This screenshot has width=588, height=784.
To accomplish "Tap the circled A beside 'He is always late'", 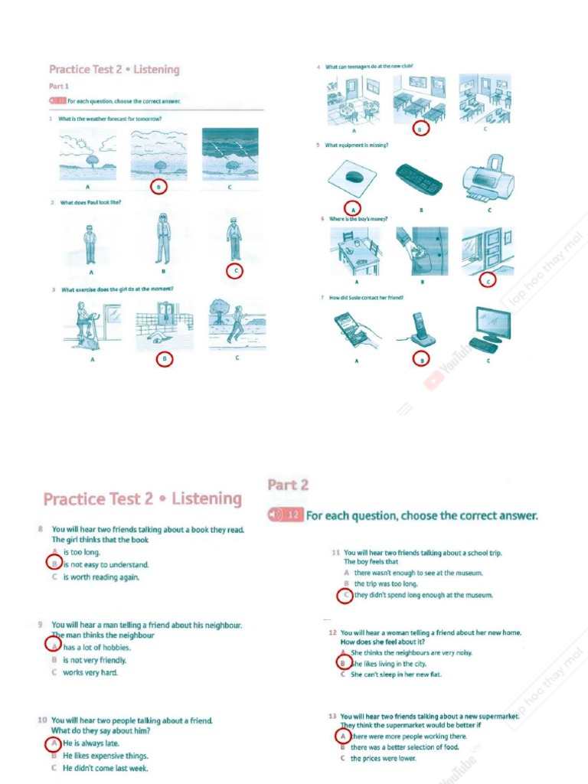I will [54, 743].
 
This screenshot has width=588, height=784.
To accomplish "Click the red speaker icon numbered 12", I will [286, 516].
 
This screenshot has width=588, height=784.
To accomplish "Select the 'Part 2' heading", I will [288, 485].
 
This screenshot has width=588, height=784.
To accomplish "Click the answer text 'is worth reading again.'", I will [101, 577].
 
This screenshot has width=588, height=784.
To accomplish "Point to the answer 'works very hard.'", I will [90, 672].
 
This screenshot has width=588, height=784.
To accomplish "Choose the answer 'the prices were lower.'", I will [384, 759].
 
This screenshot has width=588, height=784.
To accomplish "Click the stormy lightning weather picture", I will [230, 154].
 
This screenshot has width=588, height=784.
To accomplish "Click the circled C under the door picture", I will [488, 281].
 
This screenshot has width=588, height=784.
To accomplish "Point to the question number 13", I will [333, 717].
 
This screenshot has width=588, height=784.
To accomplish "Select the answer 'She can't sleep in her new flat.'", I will [396, 675].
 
